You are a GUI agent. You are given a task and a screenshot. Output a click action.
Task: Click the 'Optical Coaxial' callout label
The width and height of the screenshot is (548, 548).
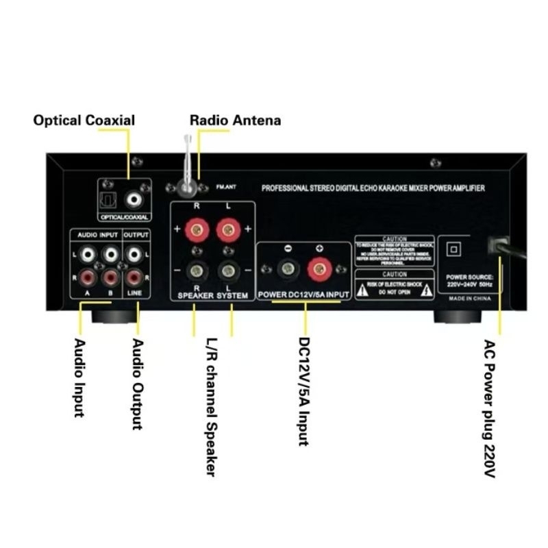(84, 121)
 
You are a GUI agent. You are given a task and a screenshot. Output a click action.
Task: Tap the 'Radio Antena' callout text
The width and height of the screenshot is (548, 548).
(235, 121)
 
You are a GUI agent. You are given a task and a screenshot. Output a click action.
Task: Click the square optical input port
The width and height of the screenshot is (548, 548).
(112, 199)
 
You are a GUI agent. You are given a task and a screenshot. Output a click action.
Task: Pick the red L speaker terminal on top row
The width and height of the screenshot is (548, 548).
(227, 230)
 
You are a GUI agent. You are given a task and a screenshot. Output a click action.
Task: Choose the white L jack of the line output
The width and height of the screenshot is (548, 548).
(135, 256)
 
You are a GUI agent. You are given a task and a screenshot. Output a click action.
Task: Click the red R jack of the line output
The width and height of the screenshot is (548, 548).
(135, 278)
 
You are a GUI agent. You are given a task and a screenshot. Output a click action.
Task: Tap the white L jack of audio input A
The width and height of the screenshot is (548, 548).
(86, 256)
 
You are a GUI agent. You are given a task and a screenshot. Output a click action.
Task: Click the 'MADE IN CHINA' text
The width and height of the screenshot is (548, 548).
(471, 299)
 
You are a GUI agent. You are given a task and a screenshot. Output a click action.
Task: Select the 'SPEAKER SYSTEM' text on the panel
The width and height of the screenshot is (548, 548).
(212, 295)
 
